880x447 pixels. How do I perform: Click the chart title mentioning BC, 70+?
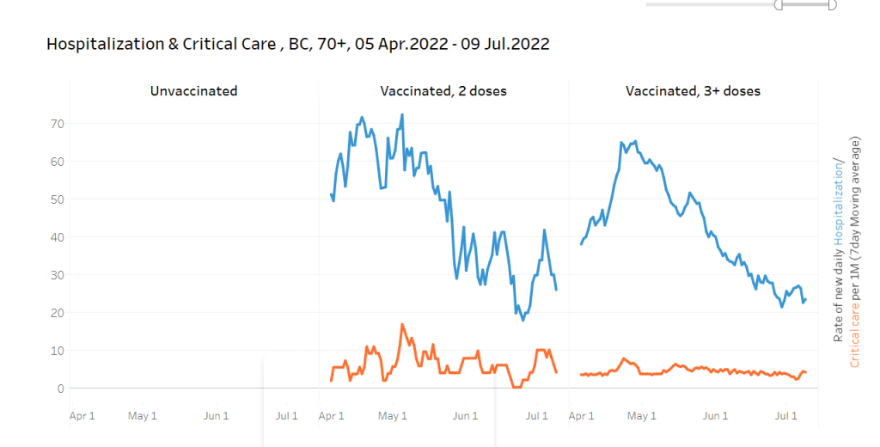(x=297, y=44)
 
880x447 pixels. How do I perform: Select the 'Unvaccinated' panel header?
(x=193, y=90)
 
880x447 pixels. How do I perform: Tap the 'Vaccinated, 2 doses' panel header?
(x=443, y=90)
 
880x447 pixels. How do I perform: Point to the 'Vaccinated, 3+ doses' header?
(x=693, y=90)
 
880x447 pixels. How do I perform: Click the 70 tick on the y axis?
(x=58, y=124)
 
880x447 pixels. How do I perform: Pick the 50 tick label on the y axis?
(x=58, y=199)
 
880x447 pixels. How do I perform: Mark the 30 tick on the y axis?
(x=58, y=275)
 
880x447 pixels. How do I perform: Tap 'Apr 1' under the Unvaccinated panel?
(x=82, y=416)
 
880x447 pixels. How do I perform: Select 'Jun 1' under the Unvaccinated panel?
(x=216, y=416)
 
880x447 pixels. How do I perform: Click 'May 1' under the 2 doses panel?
(x=393, y=416)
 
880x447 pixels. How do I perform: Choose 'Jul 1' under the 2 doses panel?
(x=536, y=416)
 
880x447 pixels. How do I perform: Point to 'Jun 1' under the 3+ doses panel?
(x=715, y=416)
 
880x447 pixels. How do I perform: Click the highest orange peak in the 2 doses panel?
(x=402, y=325)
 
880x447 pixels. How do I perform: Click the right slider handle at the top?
(x=832, y=4)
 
